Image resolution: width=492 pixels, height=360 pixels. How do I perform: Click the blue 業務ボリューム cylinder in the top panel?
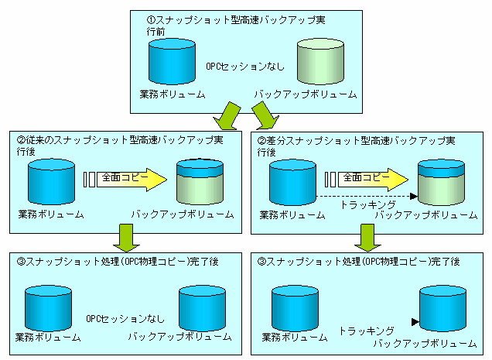click(x=172, y=62)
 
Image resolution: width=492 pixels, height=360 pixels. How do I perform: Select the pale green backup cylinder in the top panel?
click(x=320, y=62)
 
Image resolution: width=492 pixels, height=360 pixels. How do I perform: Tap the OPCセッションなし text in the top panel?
click(x=245, y=67)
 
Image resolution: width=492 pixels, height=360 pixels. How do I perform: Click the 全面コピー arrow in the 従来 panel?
click(x=132, y=180)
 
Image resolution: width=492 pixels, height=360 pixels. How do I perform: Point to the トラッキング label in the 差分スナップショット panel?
click(x=367, y=205)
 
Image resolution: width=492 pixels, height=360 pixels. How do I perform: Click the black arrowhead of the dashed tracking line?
click(x=414, y=197)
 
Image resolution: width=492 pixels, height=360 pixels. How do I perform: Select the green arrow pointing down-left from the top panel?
click(x=227, y=116)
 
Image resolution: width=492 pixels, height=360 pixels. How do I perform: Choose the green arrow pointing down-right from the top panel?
click(x=265, y=115)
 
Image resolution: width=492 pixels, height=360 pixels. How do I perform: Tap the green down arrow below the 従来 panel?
click(x=126, y=238)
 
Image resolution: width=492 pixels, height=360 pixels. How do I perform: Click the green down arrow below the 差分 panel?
click(x=367, y=238)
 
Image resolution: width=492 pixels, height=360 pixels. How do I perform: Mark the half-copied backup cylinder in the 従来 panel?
click(x=200, y=182)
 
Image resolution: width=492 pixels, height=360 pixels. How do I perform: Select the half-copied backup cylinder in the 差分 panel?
click(x=441, y=183)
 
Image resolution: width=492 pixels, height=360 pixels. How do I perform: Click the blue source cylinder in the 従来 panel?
click(x=52, y=182)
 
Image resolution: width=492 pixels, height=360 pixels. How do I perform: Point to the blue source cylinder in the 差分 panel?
click(x=292, y=183)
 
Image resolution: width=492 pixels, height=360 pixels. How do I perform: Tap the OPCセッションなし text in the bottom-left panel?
click(x=125, y=319)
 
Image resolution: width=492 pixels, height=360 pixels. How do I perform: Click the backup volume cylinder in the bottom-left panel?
click(x=203, y=308)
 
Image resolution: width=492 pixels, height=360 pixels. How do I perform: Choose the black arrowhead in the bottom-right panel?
click(x=415, y=322)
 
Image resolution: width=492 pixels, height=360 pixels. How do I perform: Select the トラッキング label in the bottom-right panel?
click(x=367, y=331)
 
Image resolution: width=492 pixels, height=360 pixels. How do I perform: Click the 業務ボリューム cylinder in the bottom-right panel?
click(x=295, y=308)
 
